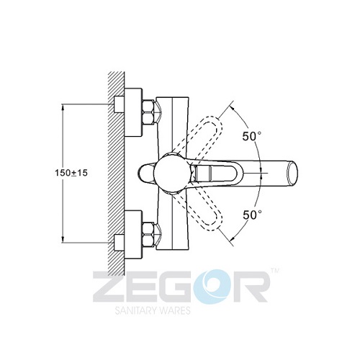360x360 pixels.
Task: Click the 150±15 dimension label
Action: click(x=71, y=173)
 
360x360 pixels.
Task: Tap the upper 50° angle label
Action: click(x=252, y=136)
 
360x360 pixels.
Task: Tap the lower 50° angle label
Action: click(x=252, y=215)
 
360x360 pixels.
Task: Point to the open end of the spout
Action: click(x=292, y=173)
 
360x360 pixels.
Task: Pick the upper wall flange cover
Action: click(x=133, y=112)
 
